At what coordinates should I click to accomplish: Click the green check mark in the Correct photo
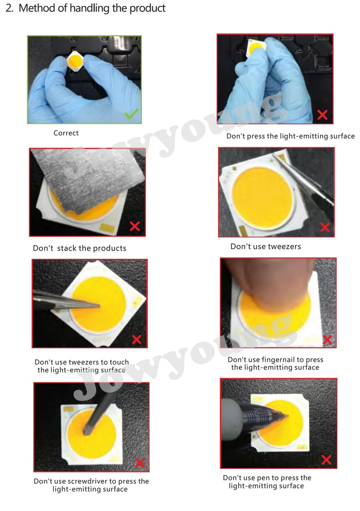coord(131,113)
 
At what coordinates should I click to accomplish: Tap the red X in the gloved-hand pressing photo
coord(322,115)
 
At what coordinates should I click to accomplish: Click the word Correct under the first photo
coord(66,133)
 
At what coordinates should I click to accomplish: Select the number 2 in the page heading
coord(9,8)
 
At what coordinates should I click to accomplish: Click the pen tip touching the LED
coord(287,416)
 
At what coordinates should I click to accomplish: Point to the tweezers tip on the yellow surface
coord(99,306)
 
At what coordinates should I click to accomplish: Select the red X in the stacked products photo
coord(135,226)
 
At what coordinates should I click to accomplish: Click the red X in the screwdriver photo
coord(140,463)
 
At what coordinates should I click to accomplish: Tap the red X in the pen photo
coord(326,460)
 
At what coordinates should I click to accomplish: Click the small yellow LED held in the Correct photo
coord(75,61)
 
